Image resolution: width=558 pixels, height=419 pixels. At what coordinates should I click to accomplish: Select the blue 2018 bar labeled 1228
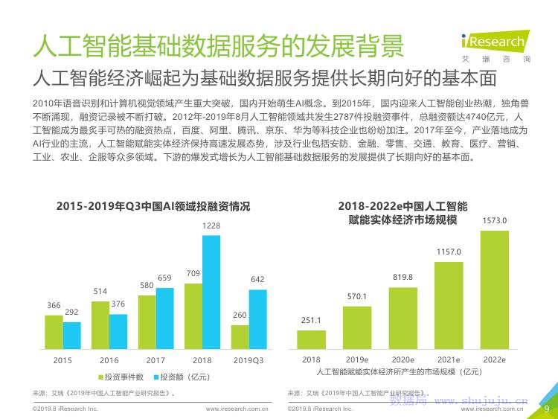click(x=211, y=292)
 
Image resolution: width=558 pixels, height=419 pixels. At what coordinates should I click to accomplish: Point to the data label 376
click(x=118, y=304)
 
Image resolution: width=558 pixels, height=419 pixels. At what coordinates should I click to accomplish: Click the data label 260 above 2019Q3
click(x=240, y=315)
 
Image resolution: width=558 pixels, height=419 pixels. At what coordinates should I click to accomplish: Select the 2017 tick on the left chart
click(x=155, y=359)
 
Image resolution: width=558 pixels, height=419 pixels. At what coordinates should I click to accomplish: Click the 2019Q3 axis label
click(x=248, y=359)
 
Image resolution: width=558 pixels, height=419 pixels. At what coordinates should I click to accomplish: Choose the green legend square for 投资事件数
click(x=100, y=377)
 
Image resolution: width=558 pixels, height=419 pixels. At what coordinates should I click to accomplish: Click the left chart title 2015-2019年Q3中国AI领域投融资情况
click(x=154, y=206)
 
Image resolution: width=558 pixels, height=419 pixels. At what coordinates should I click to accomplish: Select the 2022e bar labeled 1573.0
click(x=494, y=290)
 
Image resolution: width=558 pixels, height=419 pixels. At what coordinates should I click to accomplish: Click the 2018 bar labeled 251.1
click(x=311, y=339)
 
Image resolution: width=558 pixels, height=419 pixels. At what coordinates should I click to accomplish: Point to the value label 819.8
click(x=403, y=277)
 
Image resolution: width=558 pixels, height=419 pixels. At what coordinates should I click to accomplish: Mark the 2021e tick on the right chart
click(x=449, y=359)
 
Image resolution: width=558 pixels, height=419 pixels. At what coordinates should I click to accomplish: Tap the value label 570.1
click(x=357, y=296)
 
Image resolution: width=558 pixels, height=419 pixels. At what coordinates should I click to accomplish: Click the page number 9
click(x=547, y=408)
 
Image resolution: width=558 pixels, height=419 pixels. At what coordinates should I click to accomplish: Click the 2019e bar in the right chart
click(x=357, y=327)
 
